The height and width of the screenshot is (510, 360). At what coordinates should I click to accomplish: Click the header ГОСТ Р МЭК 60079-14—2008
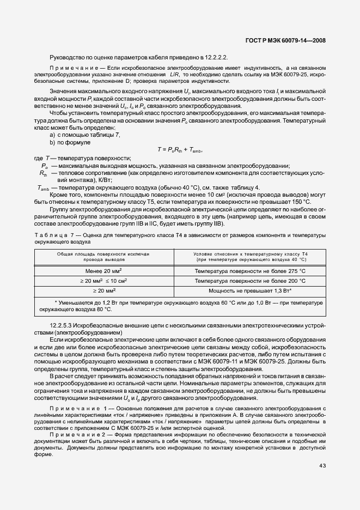285,41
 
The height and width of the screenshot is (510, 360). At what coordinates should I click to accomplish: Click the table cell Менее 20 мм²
103,271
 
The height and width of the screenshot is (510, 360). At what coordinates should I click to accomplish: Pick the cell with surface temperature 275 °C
251,271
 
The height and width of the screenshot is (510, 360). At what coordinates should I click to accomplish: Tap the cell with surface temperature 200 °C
251,281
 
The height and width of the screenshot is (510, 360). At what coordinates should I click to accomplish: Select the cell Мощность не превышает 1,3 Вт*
251,291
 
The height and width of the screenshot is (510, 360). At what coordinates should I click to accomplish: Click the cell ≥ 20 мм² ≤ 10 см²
103,281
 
